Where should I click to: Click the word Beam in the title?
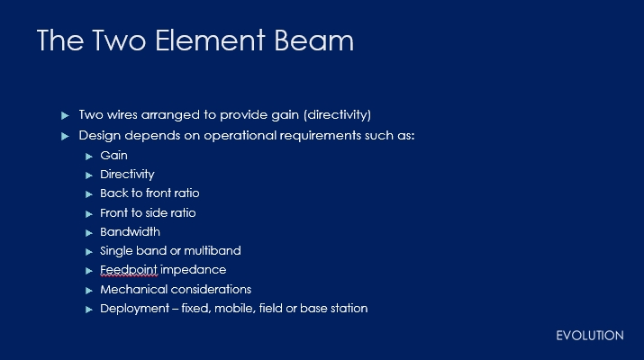click(313, 40)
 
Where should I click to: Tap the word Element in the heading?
click(210, 40)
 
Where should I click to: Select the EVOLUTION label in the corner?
click(590, 336)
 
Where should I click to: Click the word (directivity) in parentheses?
click(337, 114)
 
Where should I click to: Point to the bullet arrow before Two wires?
click(65, 115)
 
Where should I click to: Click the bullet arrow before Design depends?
click(65, 136)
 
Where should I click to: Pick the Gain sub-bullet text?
click(113, 156)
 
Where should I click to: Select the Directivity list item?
click(127, 175)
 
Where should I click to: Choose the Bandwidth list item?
click(131, 232)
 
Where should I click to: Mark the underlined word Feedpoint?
click(129, 270)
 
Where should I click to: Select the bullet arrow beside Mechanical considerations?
click(88, 291)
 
